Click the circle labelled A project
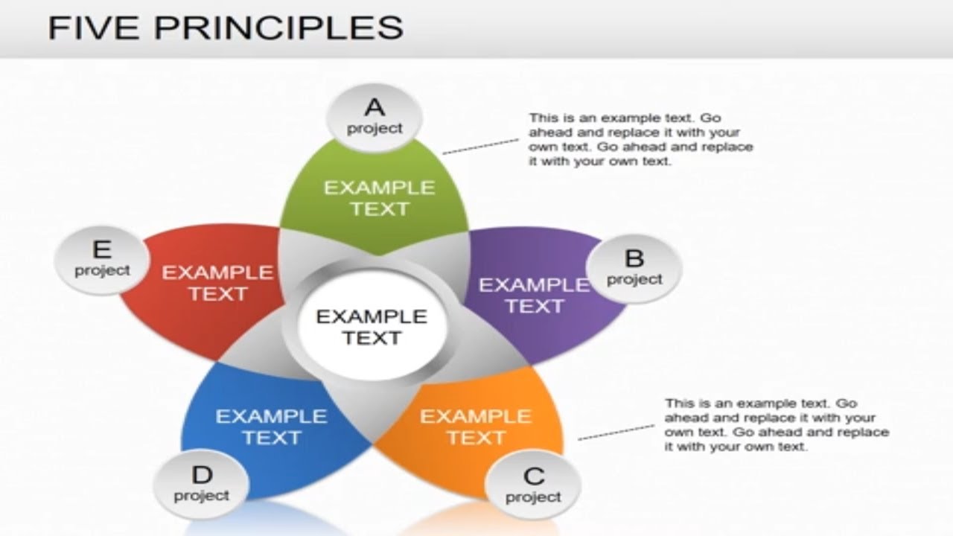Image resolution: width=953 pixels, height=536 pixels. pyautogui.click(x=374, y=118)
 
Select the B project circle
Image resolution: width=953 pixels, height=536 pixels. pyautogui.click(x=634, y=268)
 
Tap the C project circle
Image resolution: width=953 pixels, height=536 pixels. pyautogui.click(x=533, y=485)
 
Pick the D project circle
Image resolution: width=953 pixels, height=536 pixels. pyautogui.click(x=202, y=484)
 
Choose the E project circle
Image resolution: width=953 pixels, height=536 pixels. pyautogui.click(x=102, y=259)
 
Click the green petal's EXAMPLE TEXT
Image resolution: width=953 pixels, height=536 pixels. pyautogui.click(x=379, y=198)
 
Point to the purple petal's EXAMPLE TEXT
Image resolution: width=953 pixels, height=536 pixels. pyautogui.click(x=534, y=295)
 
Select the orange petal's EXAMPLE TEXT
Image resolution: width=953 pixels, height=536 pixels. pyautogui.click(x=476, y=427)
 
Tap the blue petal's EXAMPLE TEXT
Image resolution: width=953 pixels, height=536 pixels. pyautogui.click(x=271, y=427)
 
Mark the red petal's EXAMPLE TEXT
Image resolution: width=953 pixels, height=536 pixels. pyautogui.click(x=217, y=283)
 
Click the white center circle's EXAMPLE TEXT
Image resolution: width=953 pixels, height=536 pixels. pyautogui.click(x=372, y=327)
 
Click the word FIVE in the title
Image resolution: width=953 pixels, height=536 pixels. pyautogui.click(x=95, y=28)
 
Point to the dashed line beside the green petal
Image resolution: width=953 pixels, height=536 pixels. pyautogui.click(x=480, y=146)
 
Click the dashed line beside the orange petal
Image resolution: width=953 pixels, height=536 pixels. pyautogui.click(x=616, y=432)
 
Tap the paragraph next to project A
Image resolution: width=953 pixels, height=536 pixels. pyautogui.click(x=640, y=139)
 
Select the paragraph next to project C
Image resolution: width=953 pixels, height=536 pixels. pyautogui.click(x=776, y=425)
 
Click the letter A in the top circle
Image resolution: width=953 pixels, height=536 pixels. pyautogui.click(x=374, y=109)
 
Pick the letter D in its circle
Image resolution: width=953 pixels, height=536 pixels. pyautogui.click(x=202, y=474)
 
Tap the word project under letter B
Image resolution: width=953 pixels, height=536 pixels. pyautogui.click(x=634, y=279)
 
